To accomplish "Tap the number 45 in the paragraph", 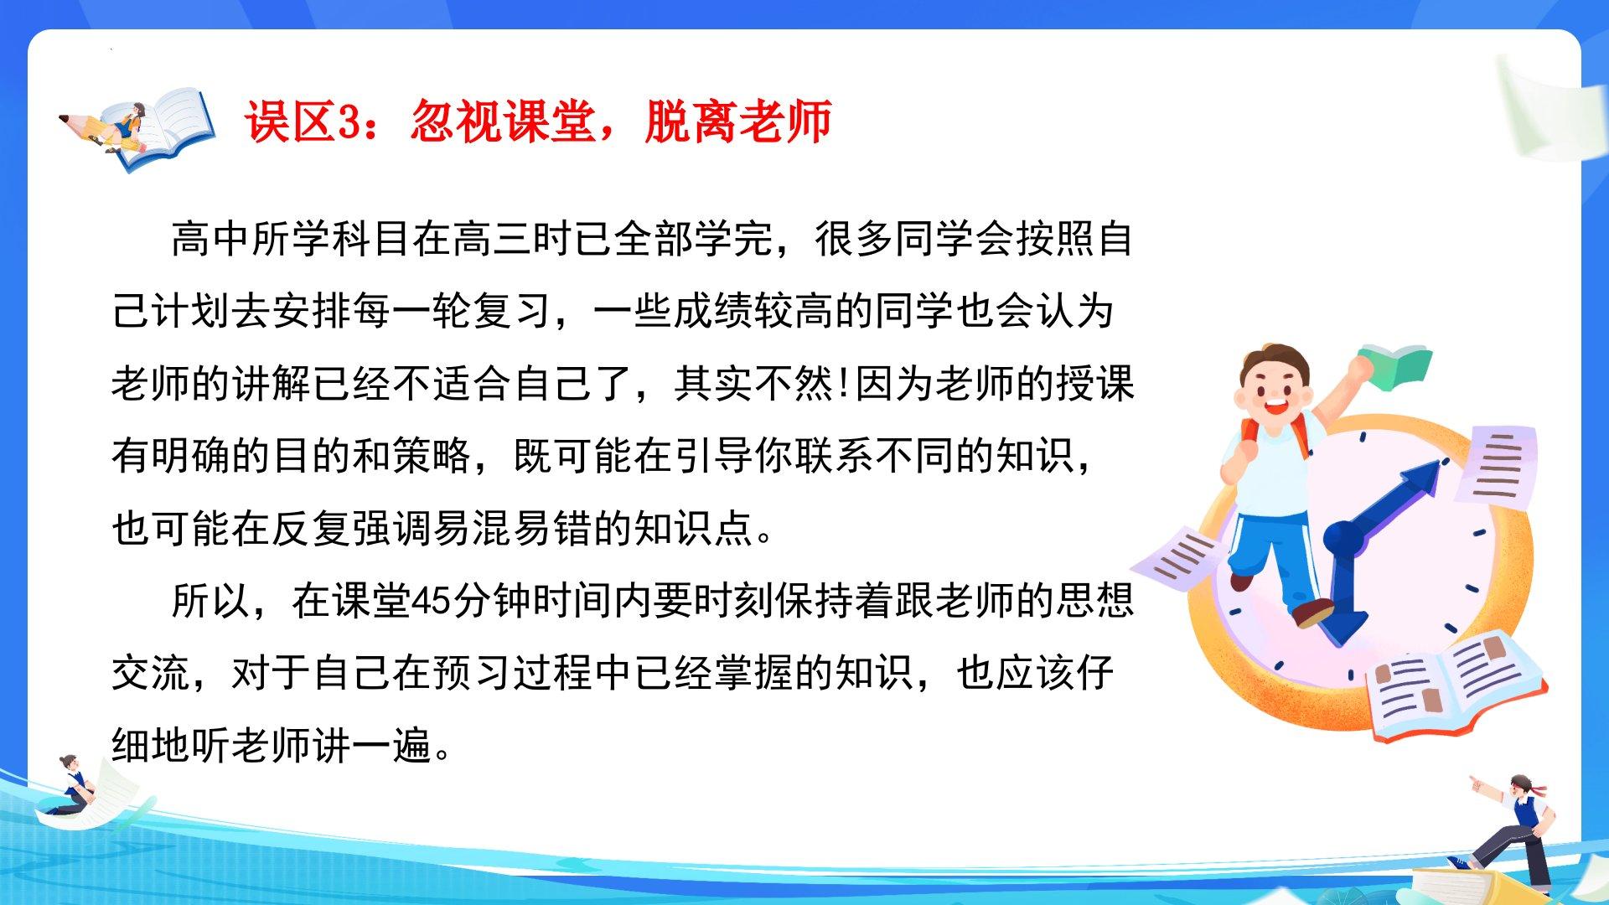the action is tap(432, 602).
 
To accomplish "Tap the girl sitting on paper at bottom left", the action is tap(72, 786).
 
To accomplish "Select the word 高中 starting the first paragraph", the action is tap(211, 239).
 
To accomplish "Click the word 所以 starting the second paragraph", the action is tap(211, 602).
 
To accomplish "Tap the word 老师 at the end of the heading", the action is tap(784, 122).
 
